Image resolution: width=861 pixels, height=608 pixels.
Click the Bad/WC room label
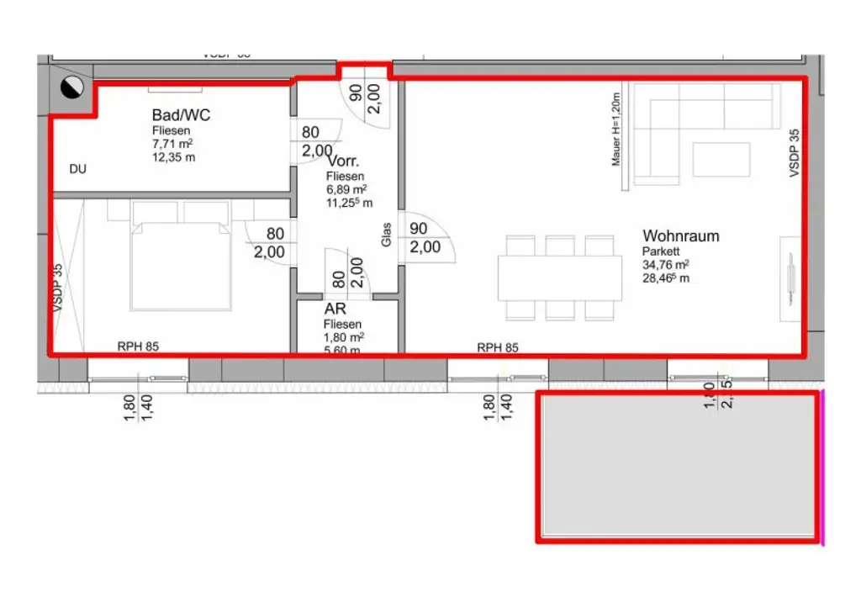[x=181, y=115]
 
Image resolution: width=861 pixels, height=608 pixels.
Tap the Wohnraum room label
[x=680, y=235]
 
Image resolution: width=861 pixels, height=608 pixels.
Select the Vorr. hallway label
[x=344, y=161]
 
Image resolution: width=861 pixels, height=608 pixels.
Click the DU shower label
[x=77, y=169]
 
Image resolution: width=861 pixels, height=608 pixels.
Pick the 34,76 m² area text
[x=666, y=264]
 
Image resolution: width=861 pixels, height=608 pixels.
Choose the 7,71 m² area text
[x=173, y=144]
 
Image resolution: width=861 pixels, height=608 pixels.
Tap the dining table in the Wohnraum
[x=557, y=278]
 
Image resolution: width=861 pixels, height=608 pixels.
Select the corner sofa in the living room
[x=702, y=118]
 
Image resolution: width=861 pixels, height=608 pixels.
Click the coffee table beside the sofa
[x=721, y=160]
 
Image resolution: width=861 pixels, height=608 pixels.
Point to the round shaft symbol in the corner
[x=72, y=86]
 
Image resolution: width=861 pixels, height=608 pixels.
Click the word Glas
[x=387, y=234]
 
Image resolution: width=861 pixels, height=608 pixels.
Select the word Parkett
[x=661, y=251]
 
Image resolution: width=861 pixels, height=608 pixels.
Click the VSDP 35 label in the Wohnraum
[x=794, y=152]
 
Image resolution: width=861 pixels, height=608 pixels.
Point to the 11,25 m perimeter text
[x=349, y=203]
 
